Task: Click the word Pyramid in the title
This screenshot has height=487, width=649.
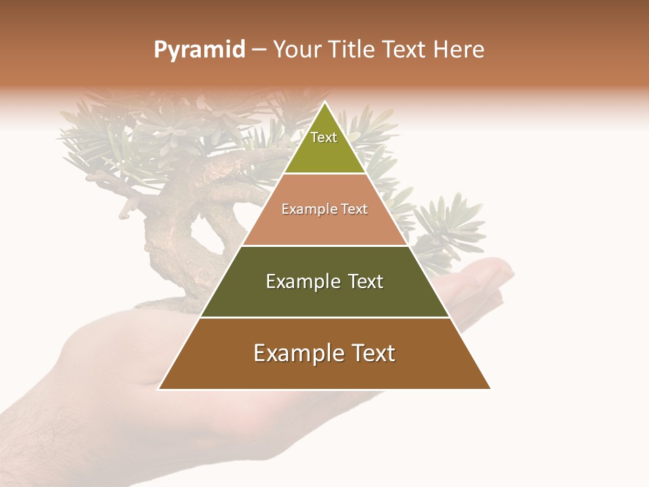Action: (199, 50)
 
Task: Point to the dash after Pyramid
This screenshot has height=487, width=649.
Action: (259, 50)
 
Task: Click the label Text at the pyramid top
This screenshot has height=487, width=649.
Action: (324, 137)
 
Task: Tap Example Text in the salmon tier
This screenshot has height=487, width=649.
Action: (324, 209)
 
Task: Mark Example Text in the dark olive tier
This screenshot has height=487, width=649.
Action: (324, 281)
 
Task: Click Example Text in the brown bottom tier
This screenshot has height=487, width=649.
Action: (324, 353)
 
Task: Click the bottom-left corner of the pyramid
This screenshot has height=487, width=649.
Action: (160, 388)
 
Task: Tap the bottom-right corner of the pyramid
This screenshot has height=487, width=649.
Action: (489, 388)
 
